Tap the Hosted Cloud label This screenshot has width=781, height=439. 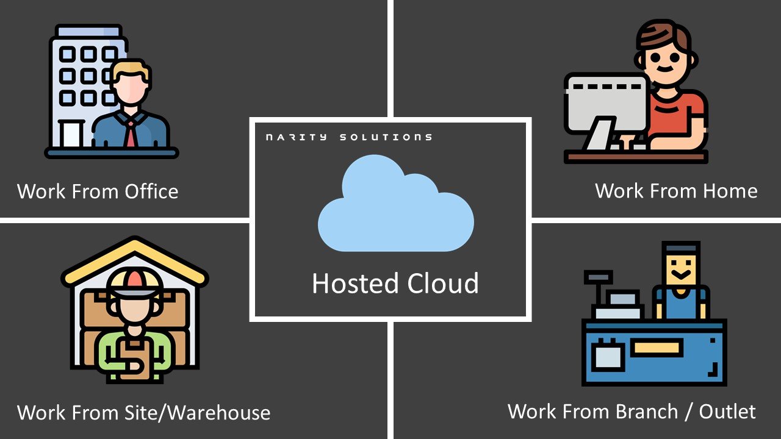click(x=395, y=284)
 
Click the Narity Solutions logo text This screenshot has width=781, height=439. click(x=348, y=137)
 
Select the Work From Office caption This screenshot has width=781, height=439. click(x=98, y=191)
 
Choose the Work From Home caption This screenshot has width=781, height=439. click(x=676, y=191)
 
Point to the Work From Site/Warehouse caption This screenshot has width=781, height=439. click(x=143, y=413)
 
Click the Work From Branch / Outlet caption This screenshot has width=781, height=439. click(x=632, y=411)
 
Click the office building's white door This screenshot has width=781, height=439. click(x=71, y=134)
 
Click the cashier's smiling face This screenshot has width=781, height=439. click(x=680, y=268)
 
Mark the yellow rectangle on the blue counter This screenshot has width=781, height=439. click(x=656, y=348)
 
